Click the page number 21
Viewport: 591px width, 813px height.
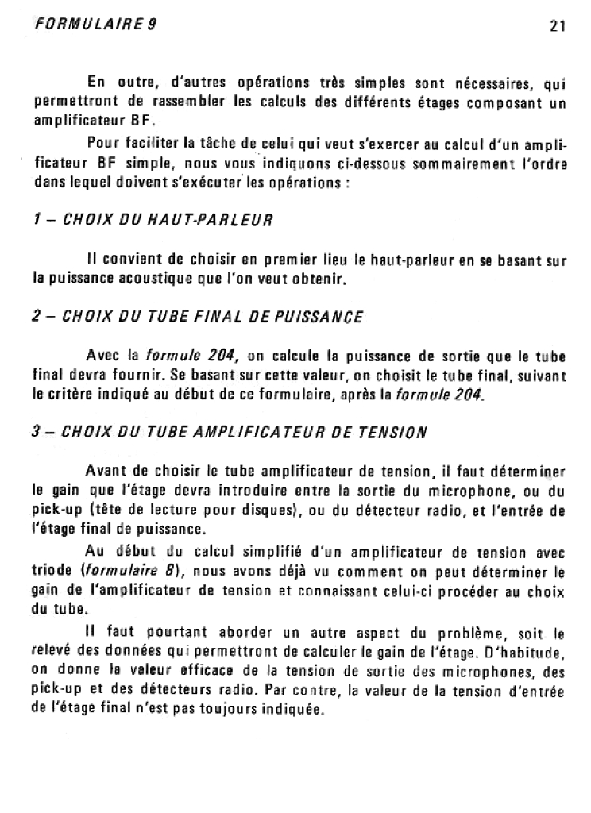click(557, 25)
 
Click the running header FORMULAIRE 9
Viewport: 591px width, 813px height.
click(96, 24)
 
